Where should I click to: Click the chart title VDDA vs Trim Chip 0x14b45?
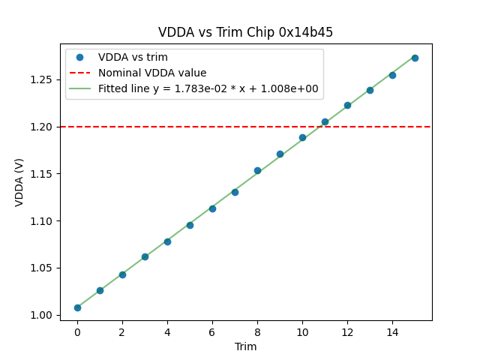pos(245,32)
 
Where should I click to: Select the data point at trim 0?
pos(77,307)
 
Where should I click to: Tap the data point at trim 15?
pos(415,58)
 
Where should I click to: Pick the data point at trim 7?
pos(235,192)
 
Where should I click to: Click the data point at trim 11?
pos(325,121)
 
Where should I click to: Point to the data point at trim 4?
pos(167,241)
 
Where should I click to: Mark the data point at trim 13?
pos(370,90)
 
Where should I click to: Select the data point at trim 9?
pos(280,154)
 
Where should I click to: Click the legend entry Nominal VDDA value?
pos(152,73)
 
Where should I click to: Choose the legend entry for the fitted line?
pos(208,89)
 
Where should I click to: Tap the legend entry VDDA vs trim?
pos(133,58)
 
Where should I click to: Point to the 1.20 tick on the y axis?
pos(44,127)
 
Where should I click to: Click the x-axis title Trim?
pos(245,346)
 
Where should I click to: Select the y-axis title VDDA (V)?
pos(20,181)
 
